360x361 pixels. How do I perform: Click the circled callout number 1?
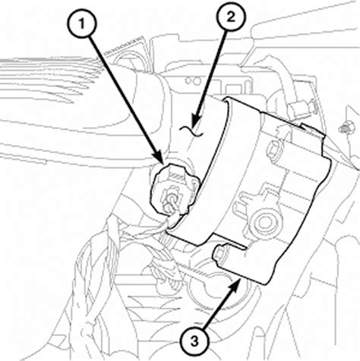[81, 24]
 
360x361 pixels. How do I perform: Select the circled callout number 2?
[231, 17]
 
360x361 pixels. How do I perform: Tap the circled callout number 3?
[194, 341]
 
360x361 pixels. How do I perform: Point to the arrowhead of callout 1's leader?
[159, 157]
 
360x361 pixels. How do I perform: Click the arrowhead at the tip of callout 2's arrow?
[197, 120]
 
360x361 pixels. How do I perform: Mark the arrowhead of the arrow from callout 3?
[235, 286]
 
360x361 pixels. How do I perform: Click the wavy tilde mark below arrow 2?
[191, 131]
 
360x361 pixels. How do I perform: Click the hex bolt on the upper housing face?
[273, 150]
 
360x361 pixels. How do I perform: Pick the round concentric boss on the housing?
[265, 222]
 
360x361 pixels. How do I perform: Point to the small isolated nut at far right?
[343, 128]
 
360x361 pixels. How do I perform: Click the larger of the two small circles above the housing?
[197, 81]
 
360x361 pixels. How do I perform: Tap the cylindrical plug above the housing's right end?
[302, 108]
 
